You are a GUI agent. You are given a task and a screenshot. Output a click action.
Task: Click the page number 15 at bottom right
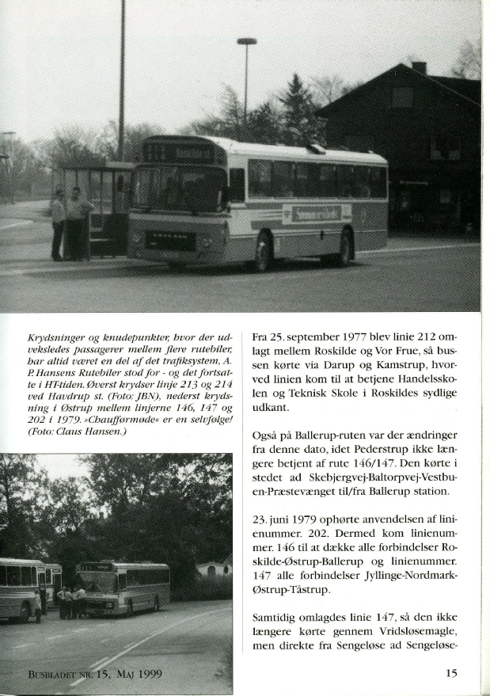pos(452,674)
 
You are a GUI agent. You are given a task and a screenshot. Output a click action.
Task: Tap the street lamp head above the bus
pos(247,42)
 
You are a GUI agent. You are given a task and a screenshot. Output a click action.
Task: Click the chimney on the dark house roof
pos(419,68)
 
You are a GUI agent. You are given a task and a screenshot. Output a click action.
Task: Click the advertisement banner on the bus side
pos(317,213)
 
